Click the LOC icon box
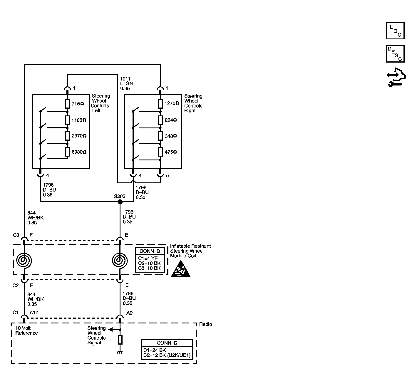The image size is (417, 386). point(395,31)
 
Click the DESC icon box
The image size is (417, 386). point(395,54)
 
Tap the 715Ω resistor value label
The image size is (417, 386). point(78,104)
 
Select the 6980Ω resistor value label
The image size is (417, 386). point(79,152)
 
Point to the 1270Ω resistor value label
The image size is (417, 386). point(172,103)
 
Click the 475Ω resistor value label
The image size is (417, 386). point(171,152)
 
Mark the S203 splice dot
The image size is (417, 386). point(120,202)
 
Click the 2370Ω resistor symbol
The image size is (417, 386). point(67,136)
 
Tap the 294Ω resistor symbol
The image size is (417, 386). point(160,120)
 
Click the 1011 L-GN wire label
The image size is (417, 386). point(126,83)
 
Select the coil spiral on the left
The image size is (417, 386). point(24,261)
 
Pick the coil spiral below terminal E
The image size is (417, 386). point(120,261)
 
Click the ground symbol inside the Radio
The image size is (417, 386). point(120,353)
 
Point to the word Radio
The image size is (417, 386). point(205,324)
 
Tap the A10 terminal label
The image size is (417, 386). point(34,313)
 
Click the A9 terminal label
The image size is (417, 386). point(130,313)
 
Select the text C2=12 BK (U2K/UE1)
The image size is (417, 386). point(167,355)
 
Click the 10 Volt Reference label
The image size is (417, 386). point(26,330)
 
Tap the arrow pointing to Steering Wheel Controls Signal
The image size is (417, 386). point(114,330)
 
